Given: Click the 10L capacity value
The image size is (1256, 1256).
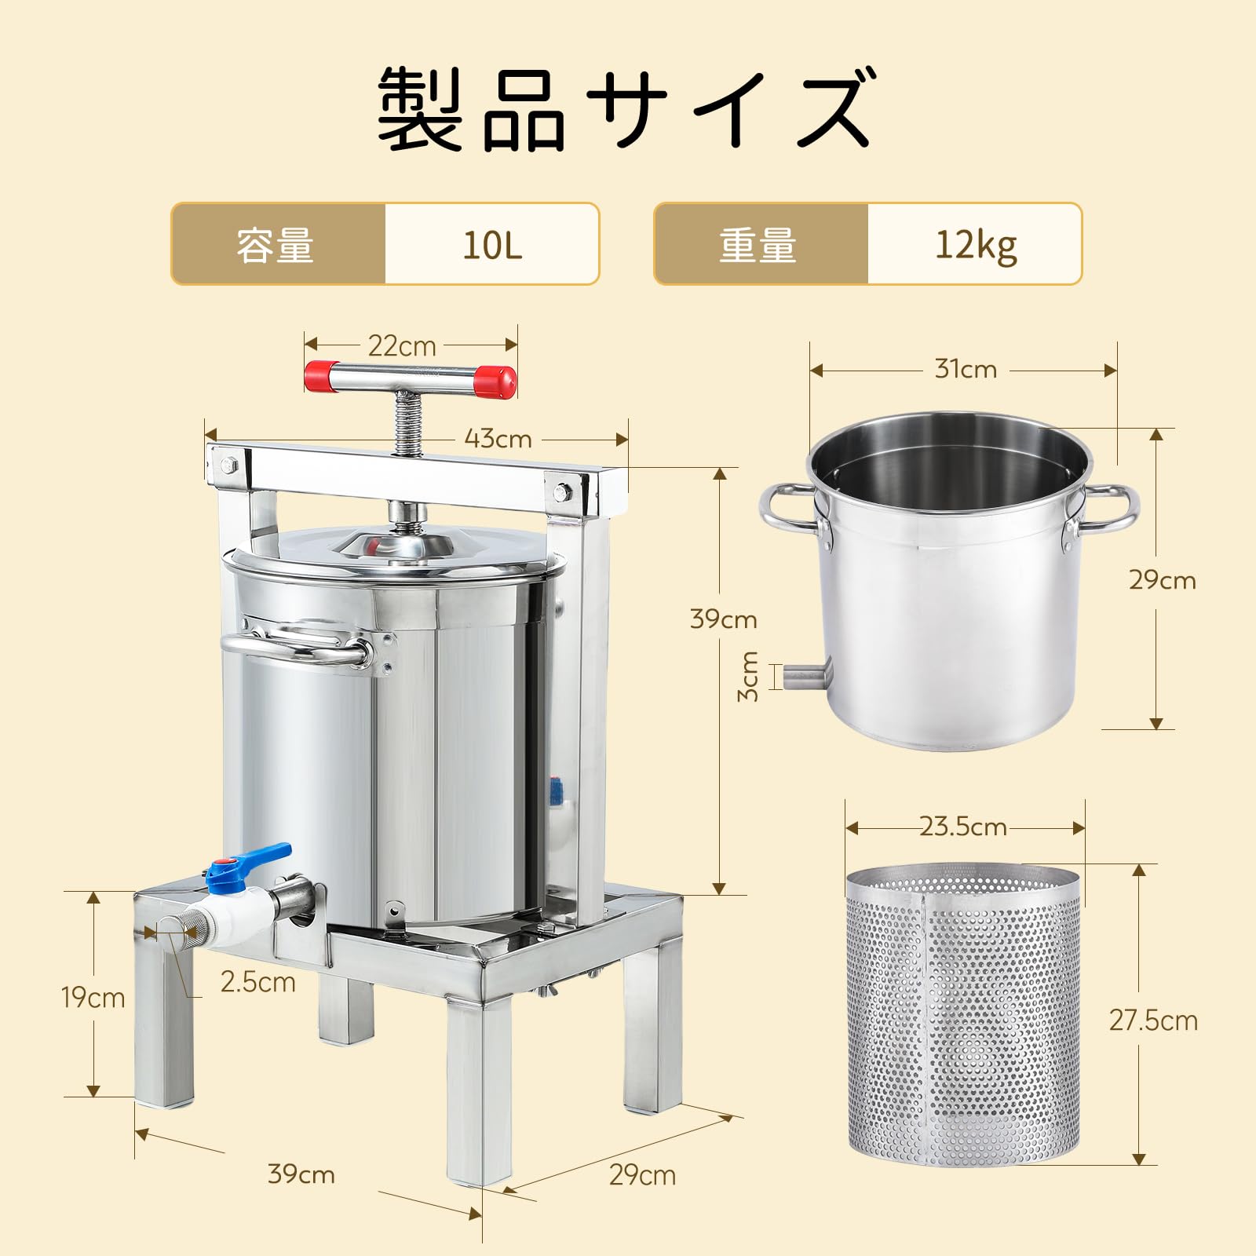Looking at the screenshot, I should (492, 245).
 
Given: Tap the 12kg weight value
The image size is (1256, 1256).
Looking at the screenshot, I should (975, 245).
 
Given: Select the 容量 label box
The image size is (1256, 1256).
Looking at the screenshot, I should (276, 245).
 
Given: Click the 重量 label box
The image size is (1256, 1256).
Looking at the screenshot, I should (759, 245).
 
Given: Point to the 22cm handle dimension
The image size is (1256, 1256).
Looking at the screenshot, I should (402, 345).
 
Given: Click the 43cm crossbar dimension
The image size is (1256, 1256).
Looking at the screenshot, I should (498, 438).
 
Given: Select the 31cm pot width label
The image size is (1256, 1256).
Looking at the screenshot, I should (966, 369).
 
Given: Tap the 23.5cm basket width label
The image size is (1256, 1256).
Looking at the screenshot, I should (963, 827).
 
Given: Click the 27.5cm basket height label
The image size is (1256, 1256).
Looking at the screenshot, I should (1153, 1020).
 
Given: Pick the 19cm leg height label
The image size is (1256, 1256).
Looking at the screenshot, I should (93, 998).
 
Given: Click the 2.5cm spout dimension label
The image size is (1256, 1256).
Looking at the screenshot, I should (257, 982).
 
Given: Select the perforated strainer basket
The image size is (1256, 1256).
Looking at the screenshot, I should (964, 1013).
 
